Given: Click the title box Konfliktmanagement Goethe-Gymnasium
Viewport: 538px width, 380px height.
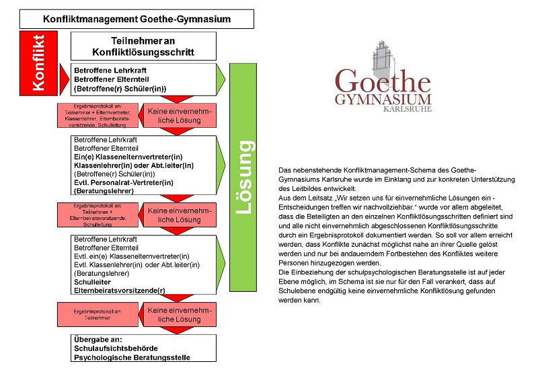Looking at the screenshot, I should tap(137, 19).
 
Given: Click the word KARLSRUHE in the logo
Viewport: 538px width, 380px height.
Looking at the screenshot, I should tap(406, 108).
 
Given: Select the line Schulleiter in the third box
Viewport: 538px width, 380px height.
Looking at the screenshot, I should tap(95, 283).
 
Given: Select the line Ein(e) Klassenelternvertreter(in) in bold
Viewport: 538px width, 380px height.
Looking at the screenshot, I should tap(128, 156).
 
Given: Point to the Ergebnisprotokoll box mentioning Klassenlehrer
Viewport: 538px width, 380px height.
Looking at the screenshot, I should tap(98, 115).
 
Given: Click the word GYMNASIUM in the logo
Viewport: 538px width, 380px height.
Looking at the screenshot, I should tap(383, 100).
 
